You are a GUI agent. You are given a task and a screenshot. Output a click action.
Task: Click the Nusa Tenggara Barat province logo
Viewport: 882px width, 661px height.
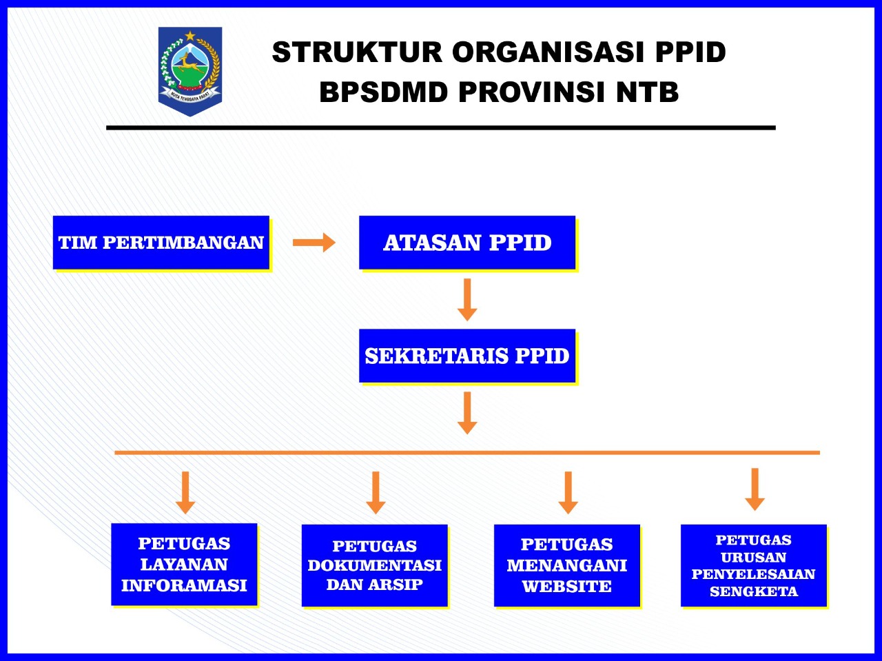tap(190, 71)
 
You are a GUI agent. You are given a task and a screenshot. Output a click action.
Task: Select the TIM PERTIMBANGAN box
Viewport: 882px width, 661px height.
tap(161, 243)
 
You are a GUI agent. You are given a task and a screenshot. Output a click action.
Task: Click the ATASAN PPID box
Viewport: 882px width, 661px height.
tap(467, 243)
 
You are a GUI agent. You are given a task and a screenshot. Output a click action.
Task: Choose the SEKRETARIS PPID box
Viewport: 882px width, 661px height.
tap(467, 356)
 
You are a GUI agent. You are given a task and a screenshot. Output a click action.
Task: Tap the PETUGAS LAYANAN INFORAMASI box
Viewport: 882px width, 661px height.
tap(184, 565)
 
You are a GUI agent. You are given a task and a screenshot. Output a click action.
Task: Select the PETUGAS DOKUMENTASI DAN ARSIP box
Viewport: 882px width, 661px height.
tap(375, 565)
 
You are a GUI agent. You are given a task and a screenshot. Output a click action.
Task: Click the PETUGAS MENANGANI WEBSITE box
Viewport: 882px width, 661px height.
tap(567, 565)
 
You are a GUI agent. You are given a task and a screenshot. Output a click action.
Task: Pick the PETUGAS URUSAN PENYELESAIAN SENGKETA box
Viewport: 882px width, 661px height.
tap(754, 565)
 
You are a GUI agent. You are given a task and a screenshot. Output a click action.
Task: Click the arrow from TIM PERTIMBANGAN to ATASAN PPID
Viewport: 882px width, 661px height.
tap(314, 243)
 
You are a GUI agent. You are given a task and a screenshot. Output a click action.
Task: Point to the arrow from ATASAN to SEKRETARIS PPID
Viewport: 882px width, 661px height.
tap(467, 299)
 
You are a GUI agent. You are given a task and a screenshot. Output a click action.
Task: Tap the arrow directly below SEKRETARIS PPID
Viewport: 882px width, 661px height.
tap(467, 412)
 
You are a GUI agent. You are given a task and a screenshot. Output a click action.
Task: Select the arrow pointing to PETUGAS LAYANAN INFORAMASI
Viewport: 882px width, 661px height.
tap(185, 492)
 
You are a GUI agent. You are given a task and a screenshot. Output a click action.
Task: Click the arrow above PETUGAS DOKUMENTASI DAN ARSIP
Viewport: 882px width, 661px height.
tap(376, 492)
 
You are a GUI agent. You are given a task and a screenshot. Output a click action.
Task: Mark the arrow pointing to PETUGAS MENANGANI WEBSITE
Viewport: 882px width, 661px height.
tap(568, 492)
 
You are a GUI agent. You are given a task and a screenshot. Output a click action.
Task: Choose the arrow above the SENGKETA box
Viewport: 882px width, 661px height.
tap(755, 489)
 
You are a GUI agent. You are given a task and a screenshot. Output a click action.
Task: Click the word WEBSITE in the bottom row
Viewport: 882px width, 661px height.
tap(567, 587)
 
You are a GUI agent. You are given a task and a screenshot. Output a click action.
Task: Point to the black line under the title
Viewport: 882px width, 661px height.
tap(441, 128)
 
